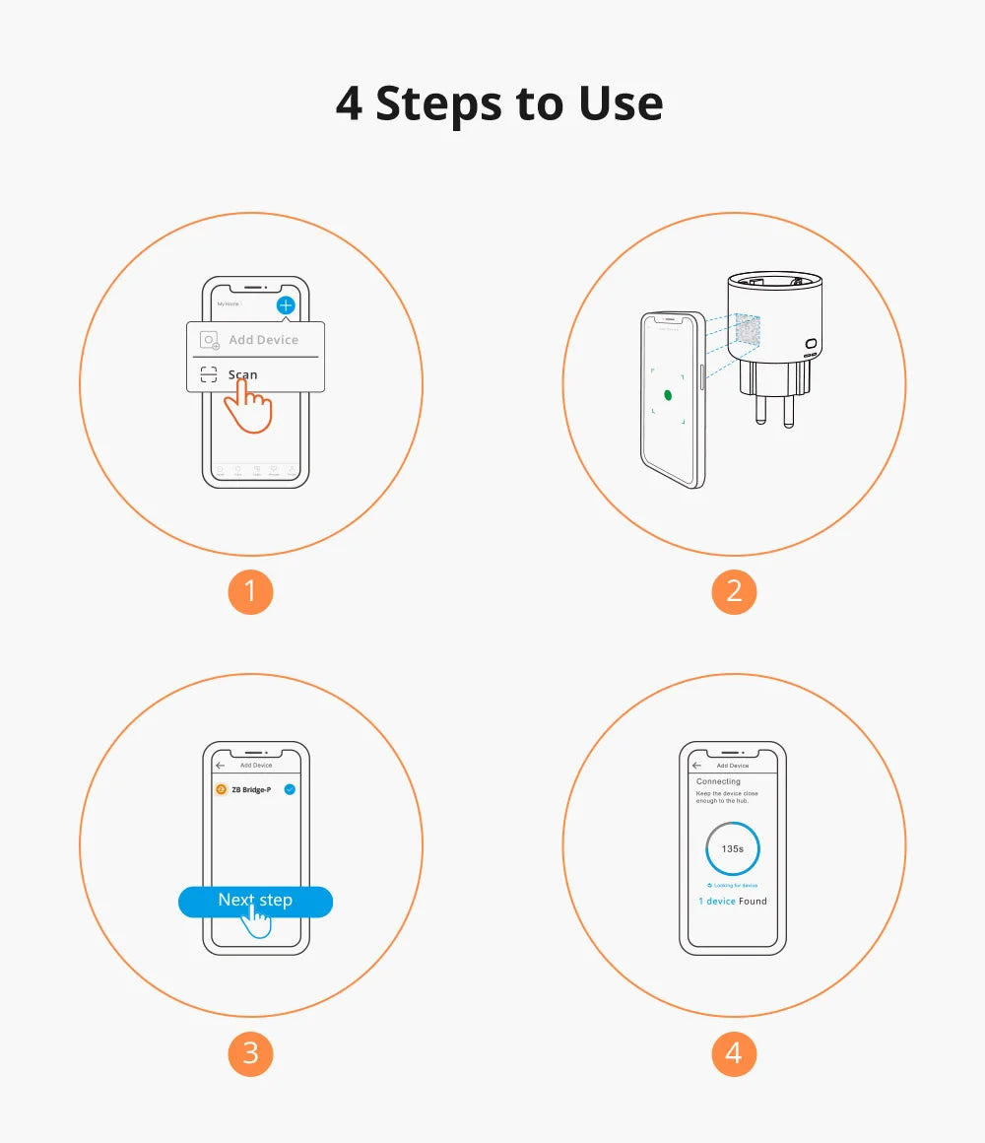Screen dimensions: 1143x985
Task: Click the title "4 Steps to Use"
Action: [498, 103]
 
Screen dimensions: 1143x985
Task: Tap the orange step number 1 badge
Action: [250, 591]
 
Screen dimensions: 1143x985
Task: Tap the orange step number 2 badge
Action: [734, 591]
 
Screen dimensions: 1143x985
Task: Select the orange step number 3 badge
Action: [250, 1052]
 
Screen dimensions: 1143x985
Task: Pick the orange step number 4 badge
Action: [734, 1052]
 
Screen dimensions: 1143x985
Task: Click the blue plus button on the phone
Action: [286, 305]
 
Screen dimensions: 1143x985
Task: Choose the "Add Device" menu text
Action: [263, 340]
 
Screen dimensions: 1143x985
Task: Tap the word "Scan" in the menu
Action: [242, 374]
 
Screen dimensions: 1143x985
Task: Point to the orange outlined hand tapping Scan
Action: [248, 408]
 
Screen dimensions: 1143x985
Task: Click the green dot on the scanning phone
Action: [667, 395]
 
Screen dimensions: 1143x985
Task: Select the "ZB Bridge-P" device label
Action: [251, 789]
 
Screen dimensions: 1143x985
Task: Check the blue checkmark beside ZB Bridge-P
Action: [290, 789]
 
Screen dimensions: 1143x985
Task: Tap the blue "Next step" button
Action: [255, 901]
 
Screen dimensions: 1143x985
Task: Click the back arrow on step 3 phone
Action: [220, 766]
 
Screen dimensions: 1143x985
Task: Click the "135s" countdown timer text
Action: [733, 848]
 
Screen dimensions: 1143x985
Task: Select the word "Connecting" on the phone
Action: [718, 781]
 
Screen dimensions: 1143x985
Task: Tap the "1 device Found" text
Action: [732, 901]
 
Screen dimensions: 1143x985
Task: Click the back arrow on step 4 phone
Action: [696, 766]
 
